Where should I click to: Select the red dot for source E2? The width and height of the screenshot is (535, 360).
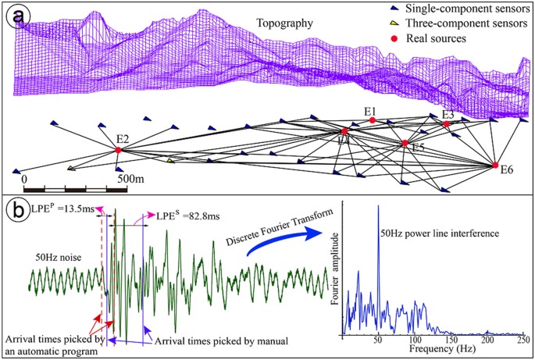[118, 150]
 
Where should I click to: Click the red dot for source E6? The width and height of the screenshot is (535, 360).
[495, 165]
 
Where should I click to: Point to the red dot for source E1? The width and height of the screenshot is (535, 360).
[373, 120]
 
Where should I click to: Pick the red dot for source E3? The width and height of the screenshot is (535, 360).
[446, 124]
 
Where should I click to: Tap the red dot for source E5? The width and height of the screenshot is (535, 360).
[405, 144]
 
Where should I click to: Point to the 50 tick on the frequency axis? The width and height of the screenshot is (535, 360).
[379, 341]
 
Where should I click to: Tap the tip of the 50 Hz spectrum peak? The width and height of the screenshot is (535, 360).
[379, 205]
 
